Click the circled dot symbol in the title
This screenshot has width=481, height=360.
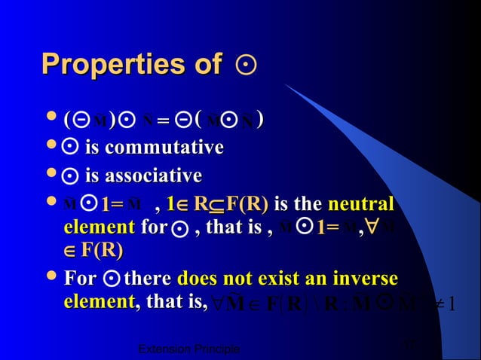coord(246,66)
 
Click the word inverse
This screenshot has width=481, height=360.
coord(361,279)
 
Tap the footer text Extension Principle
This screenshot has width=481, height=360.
coord(191,349)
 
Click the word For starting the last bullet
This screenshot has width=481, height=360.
coord(80,279)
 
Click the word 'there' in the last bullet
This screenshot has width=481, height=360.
coord(148,279)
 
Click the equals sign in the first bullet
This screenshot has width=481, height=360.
coord(162,121)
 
